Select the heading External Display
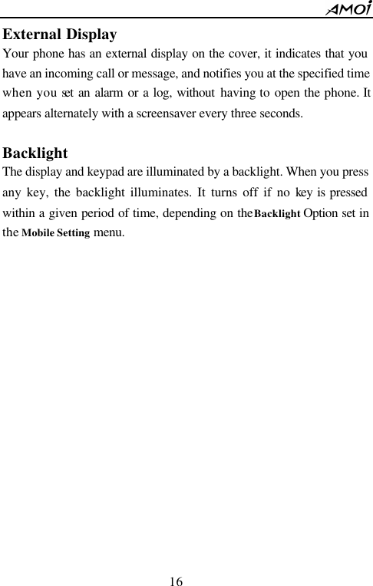60,35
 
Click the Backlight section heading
35,153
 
